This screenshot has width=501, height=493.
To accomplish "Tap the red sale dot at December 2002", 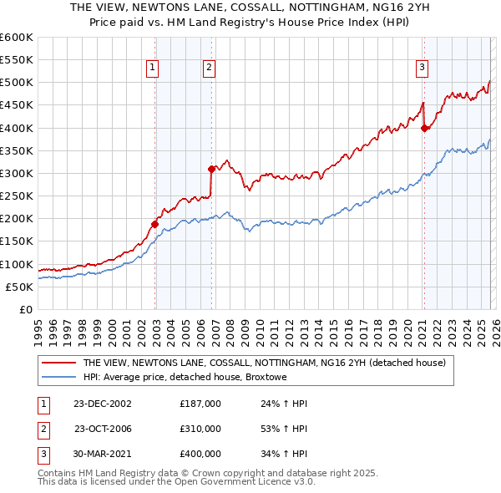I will point(155,224).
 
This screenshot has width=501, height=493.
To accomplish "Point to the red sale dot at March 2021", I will point(424,128).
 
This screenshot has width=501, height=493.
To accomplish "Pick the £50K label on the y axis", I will point(20,287).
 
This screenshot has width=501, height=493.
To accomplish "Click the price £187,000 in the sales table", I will point(200,404).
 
